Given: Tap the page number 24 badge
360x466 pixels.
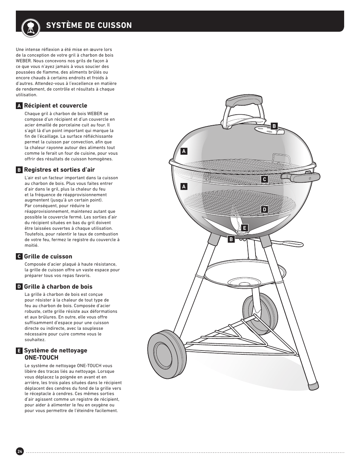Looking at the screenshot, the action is click(20, 452).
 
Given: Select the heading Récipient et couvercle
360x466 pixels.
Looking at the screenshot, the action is click(55, 106).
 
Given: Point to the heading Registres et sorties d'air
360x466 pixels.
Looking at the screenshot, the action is click(59, 170).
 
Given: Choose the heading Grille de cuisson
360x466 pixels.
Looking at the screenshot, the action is click(48, 257).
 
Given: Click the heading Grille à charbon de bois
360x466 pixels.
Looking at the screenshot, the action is click(58, 287).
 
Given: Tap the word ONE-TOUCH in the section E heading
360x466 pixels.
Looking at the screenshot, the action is click(41, 357).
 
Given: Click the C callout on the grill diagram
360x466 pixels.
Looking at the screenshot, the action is click(265, 180).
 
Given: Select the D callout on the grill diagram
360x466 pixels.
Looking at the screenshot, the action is click(265, 209).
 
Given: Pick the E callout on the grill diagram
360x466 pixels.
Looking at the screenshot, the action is click(245, 228).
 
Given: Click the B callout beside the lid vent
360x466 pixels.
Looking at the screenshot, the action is click(274, 126).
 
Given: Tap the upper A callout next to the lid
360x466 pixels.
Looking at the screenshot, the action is click(184, 151).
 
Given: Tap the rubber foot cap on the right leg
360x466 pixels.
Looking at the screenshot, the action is click(313, 386).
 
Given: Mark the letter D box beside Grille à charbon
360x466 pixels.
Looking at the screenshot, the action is click(18, 287).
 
